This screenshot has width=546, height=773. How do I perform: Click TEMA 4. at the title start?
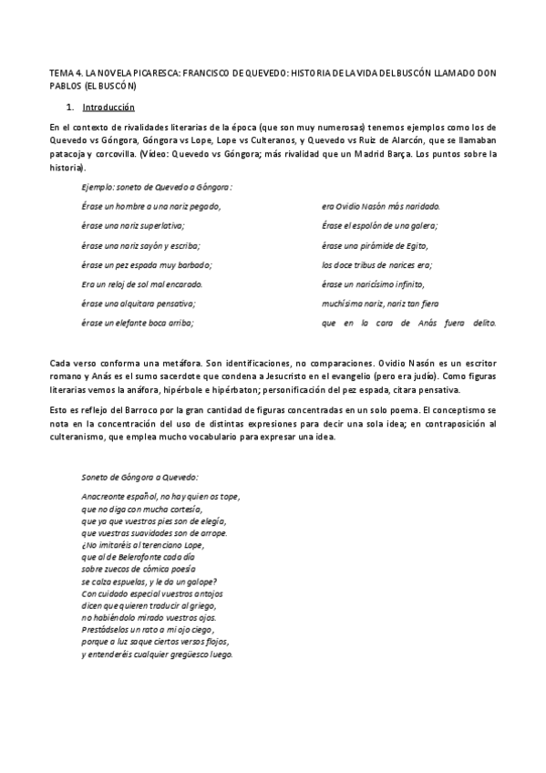pyautogui.click(x=64, y=71)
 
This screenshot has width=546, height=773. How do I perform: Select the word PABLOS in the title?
pyautogui.click(x=64, y=84)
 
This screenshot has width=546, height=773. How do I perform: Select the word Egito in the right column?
pyautogui.click(x=413, y=245)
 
